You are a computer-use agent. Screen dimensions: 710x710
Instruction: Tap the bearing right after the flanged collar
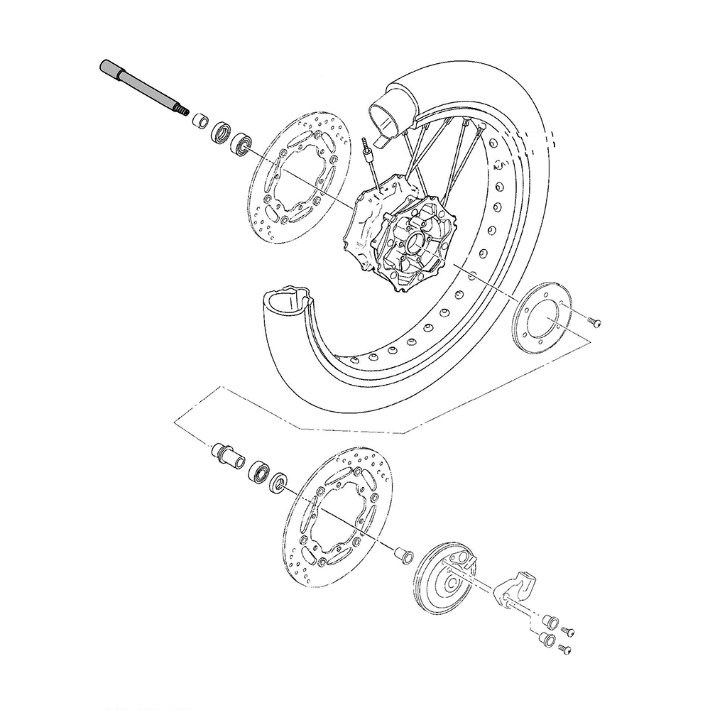point(259,471)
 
